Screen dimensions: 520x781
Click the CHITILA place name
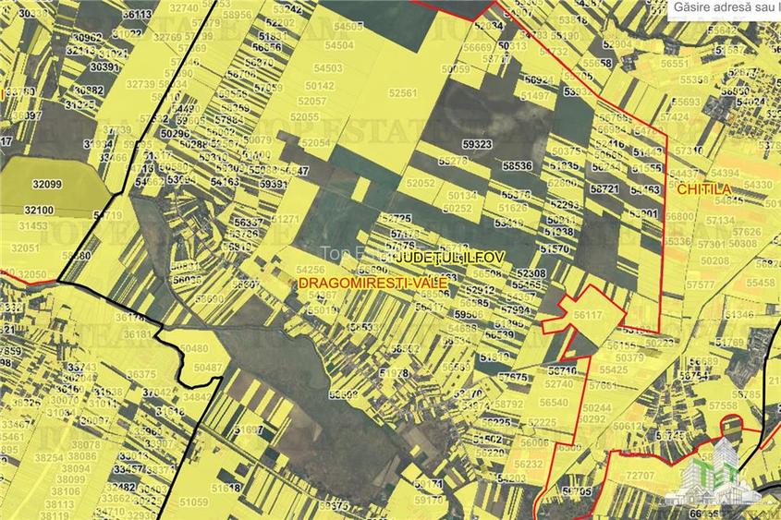704,188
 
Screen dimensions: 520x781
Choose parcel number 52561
403,93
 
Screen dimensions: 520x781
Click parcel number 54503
327,68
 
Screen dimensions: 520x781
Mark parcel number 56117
588,315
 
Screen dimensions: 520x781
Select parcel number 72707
641,475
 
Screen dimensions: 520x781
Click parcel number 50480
194,349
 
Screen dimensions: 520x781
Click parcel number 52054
315,143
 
